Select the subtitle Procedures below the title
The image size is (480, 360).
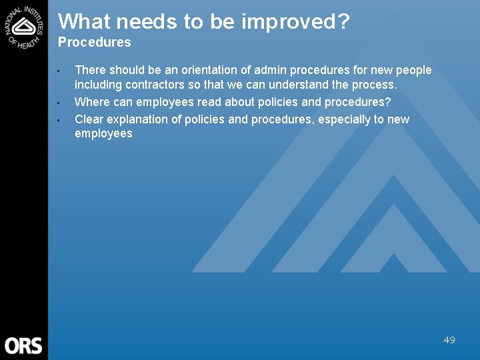[x=95, y=43]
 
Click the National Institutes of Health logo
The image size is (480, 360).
[x=24, y=25]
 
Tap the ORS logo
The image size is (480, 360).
[x=23, y=345]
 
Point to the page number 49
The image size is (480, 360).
[x=449, y=340]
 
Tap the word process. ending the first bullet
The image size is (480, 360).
[x=376, y=85]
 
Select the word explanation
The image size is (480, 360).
[x=140, y=119]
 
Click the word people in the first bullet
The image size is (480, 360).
[x=414, y=70]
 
